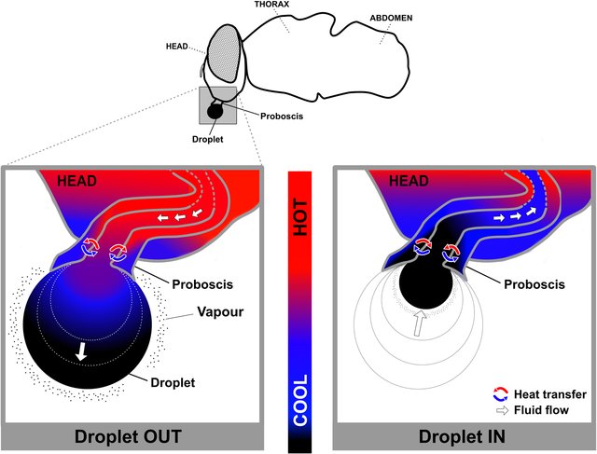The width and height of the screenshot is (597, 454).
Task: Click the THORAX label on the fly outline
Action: pos(274,6)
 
